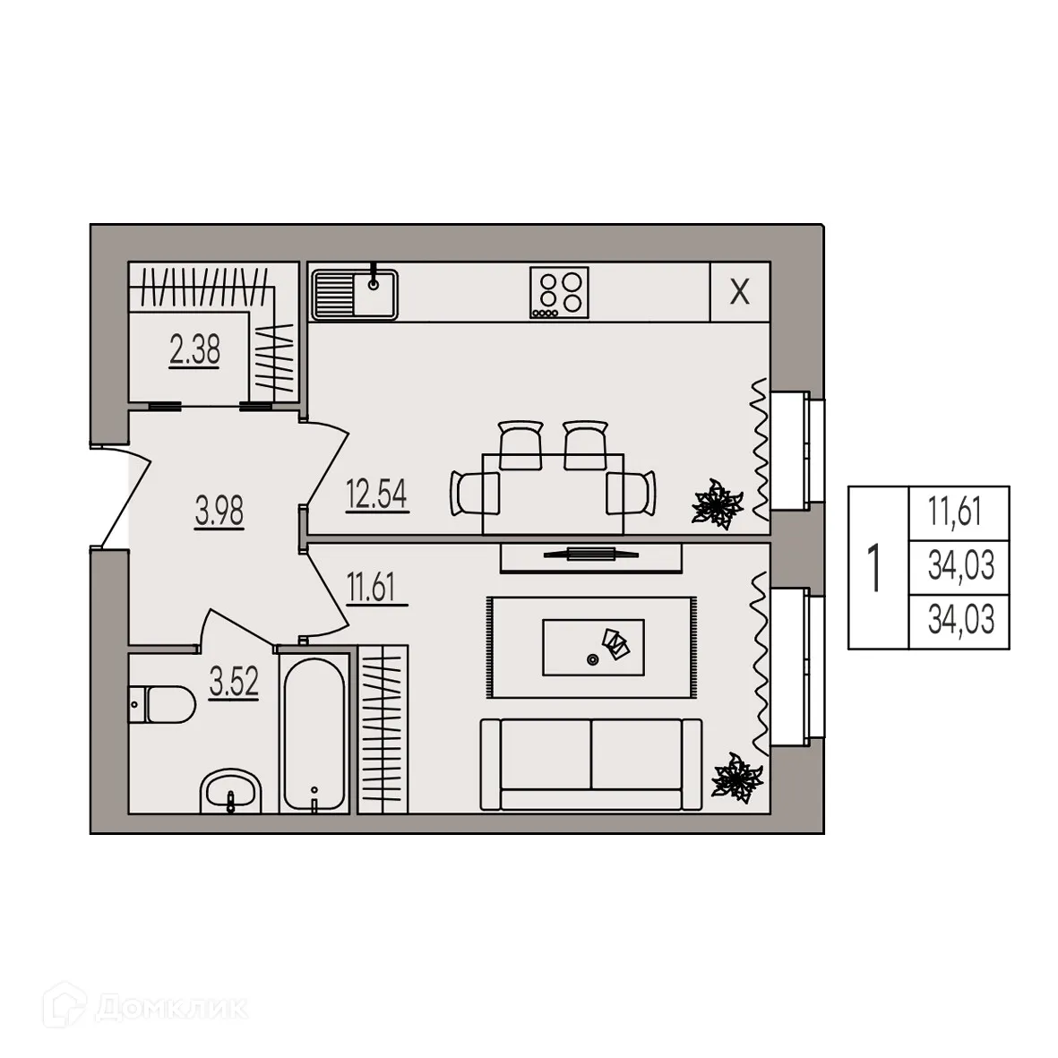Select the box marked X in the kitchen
pos(739,292)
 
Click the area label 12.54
pos(377,495)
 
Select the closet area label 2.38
pos(194,349)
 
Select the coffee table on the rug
pos(593,646)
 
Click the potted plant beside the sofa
pos(736,779)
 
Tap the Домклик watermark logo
pos(149,1009)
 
